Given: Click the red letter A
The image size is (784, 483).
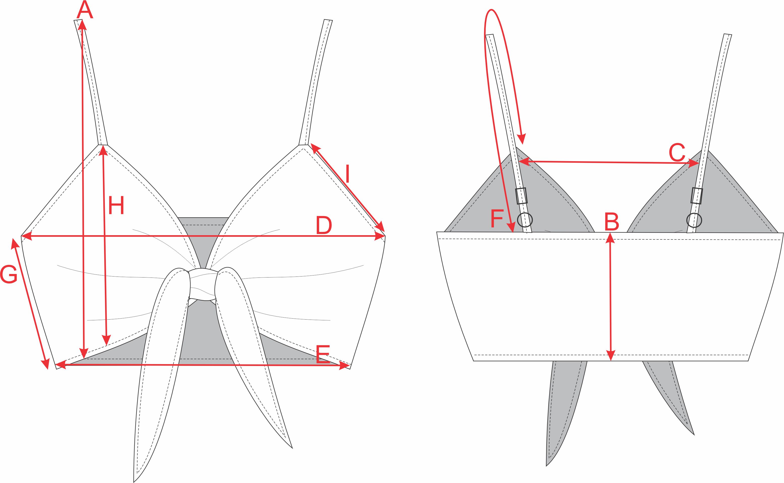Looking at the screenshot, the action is click(x=84, y=10).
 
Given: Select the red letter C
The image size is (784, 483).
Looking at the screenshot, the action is click(x=677, y=152).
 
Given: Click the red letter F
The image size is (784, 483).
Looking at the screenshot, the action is click(x=497, y=219).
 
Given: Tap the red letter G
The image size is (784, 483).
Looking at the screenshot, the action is click(x=8, y=275).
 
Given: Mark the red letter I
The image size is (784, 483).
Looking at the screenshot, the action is click(x=348, y=174).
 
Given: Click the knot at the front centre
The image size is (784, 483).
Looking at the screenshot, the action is click(x=202, y=285).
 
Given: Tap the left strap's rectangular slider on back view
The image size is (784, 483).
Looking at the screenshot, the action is click(x=521, y=196).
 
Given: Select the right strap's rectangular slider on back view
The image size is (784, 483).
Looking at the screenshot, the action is click(x=697, y=196).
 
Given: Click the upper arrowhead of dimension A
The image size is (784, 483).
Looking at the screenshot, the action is click(x=82, y=24).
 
